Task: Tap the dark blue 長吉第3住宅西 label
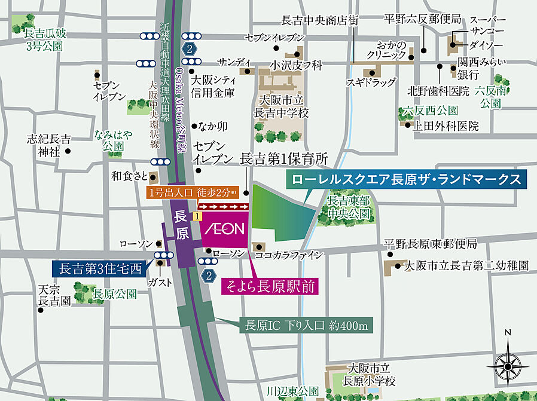tap(100, 268)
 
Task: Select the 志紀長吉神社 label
tap(48, 145)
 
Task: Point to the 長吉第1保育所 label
tap(284, 160)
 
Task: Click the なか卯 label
tap(214, 126)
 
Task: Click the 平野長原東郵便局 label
tap(431, 244)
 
